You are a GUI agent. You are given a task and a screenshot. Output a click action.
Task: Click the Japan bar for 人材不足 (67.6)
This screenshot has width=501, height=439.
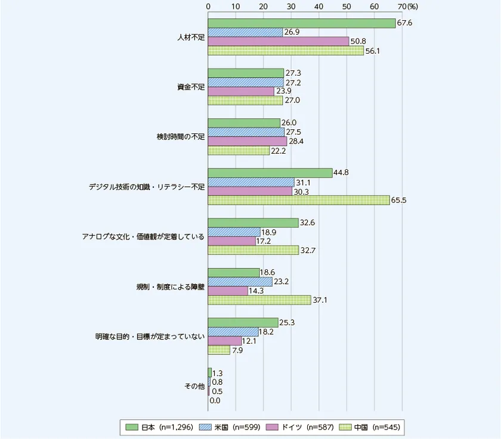(x=301, y=23)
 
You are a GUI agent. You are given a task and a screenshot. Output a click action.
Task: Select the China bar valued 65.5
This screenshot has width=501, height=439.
(x=298, y=200)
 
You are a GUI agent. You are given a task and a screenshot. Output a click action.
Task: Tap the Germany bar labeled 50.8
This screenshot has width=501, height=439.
(x=279, y=41)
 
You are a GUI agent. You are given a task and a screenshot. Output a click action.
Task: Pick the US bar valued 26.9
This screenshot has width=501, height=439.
(x=245, y=32)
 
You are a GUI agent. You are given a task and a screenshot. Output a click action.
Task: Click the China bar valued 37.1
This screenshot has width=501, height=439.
(x=259, y=300)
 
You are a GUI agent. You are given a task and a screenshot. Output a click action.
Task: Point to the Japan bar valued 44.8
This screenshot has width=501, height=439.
(x=270, y=173)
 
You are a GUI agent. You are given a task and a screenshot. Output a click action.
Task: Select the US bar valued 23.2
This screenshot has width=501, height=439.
(x=240, y=282)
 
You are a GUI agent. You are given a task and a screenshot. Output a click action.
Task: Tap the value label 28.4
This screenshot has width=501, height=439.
(x=296, y=141)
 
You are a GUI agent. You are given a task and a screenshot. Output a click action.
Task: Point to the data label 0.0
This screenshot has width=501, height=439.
(x=215, y=400)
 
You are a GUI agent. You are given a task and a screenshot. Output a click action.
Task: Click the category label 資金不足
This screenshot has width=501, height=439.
(x=191, y=87)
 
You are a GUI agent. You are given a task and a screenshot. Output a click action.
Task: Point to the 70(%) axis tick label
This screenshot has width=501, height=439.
(x=408, y=5)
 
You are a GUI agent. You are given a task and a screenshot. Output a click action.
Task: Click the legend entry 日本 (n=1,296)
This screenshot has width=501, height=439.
(x=160, y=426)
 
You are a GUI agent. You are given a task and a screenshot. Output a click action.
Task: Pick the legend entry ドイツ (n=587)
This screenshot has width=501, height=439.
(x=298, y=426)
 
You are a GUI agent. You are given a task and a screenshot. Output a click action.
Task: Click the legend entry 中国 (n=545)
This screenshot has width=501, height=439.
(x=365, y=426)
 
